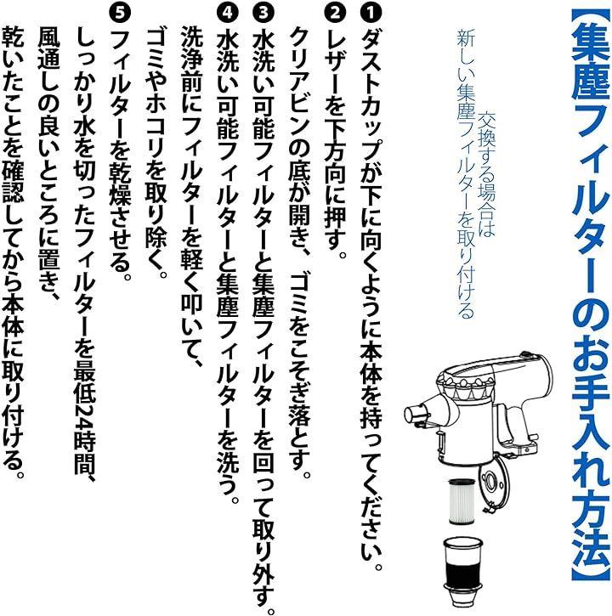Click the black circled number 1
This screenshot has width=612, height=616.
pos(371,13)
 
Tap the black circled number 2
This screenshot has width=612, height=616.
pos(335,13)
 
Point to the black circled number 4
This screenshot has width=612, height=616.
pos(228,13)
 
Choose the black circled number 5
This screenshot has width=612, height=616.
pos(121,13)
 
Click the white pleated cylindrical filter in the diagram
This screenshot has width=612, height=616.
pos(462,501)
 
